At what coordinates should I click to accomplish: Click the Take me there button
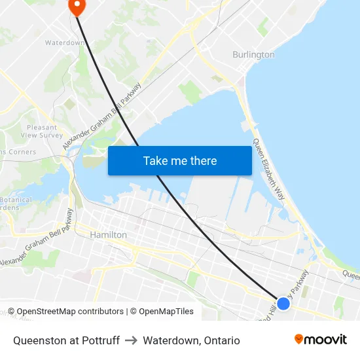(x=180, y=160)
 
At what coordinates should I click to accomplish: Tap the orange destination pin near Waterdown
(x=77, y=7)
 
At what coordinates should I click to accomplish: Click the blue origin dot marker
(x=283, y=303)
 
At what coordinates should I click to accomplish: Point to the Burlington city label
(x=253, y=55)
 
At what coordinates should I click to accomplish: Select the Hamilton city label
(x=108, y=234)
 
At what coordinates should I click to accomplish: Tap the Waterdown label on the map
(x=63, y=43)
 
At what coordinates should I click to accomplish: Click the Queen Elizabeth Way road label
(x=269, y=169)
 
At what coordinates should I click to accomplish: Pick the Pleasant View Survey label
(x=42, y=131)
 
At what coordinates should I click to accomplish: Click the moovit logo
(x=320, y=339)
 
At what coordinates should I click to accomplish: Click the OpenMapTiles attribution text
(x=165, y=312)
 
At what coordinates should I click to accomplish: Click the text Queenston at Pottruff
(x=66, y=340)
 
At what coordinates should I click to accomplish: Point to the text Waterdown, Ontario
(x=191, y=340)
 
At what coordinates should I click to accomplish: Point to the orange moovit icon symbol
(x=299, y=339)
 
